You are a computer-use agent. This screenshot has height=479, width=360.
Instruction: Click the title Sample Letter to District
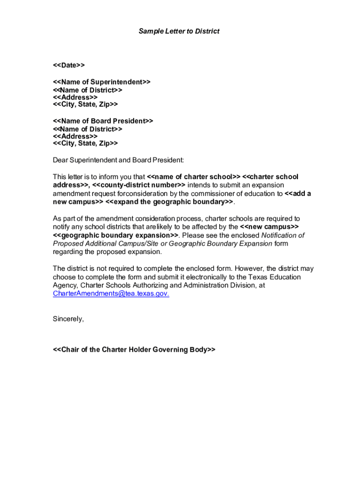(x=179, y=31)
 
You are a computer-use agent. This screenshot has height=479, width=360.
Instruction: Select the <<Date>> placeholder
(x=69, y=65)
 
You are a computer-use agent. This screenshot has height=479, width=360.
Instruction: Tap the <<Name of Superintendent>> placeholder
(x=101, y=82)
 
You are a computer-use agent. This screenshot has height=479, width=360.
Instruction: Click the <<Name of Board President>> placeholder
(x=103, y=121)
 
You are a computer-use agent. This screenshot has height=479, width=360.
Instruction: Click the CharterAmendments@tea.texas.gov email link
(x=111, y=294)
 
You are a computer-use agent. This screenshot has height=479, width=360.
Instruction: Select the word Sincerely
(x=68, y=319)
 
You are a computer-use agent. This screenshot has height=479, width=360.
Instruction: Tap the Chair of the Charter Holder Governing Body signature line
(x=134, y=350)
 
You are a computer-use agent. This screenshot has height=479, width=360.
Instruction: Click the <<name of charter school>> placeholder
(x=194, y=177)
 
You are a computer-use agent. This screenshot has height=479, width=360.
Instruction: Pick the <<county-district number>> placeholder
(x=136, y=185)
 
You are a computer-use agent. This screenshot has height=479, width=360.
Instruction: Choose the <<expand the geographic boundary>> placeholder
(x=169, y=202)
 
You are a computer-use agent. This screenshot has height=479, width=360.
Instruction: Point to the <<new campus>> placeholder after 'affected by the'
(x=266, y=227)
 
